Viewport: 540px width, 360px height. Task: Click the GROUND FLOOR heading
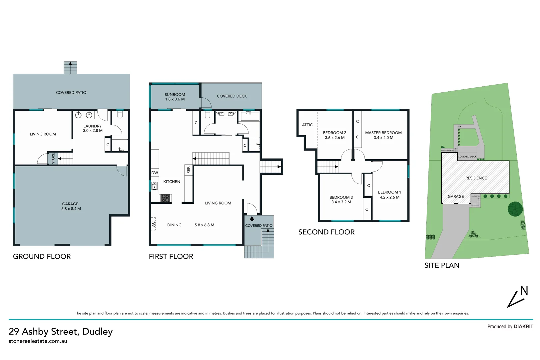pyautogui.click(x=42, y=256)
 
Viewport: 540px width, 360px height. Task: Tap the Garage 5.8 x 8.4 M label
pyautogui.click(x=71, y=206)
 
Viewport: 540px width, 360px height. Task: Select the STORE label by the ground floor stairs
pyautogui.click(x=53, y=158)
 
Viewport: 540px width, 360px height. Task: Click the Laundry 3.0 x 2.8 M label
pyautogui.click(x=93, y=128)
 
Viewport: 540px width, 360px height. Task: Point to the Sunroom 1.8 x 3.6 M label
pyautogui.click(x=175, y=97)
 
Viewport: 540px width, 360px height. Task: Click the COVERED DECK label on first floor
pyautogui.click(x=232, y=96)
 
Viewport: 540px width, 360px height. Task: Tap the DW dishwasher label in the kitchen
pyautogui.click(x=155, y=173)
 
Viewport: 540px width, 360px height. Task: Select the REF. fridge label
pyautogui.click(x=188, y=170)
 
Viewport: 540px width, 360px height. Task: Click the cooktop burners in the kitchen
pyautogui.click(x=166, y=198)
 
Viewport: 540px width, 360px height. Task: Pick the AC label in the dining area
pyautogui.click(x=153, y=224)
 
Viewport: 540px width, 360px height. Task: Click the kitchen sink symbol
pyautogui.click(x=155, y=186)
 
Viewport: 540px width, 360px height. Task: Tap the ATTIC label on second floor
pyautogui.click(x=307, y=125)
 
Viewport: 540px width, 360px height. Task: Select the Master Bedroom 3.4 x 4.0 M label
pyautogui.click(x=383, y=135)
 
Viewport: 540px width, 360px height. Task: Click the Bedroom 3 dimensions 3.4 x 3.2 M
pyautogui.click(x=341, y=202)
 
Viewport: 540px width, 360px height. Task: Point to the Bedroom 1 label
pyautogui.click(x=389, y=192)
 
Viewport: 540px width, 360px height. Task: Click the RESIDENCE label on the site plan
pyautogui.click(x=476, y=178)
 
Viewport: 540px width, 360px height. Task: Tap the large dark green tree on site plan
pyautogui.click(x=515, y=209)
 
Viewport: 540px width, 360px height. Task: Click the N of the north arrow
pyautogui.click(x=524, y=291)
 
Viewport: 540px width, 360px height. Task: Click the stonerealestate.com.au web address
pyautogui.click(x=38, y=341)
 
